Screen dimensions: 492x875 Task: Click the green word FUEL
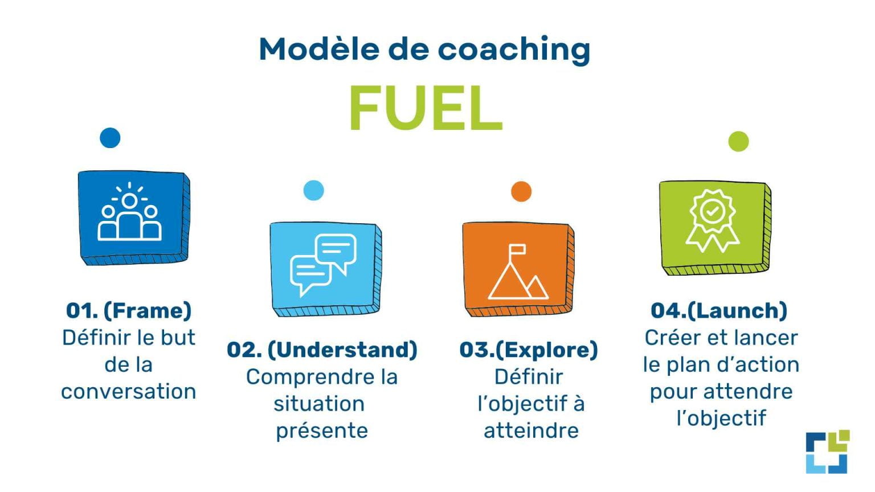tap(425, 108)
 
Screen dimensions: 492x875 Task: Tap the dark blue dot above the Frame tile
tap(110, 138)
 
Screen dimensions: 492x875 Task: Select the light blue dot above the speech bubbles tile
tap(314, 190)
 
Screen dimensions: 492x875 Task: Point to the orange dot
tap(521, 191)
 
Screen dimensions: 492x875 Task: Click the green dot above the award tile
tap(738, 141)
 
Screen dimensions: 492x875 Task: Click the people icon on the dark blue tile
tap(130, 214)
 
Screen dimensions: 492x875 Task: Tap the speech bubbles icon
tap(323, 264)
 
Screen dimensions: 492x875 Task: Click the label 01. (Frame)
tap(129, 311)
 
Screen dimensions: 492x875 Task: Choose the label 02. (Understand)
tap(322, 350)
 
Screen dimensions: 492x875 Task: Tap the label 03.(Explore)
tap(529, 350)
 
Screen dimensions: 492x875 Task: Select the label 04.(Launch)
tap(719, 311)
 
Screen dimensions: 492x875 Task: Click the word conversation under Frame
tap(129, 392)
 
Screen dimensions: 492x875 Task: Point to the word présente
tap(322, 430)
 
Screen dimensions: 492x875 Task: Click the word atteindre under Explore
tap(531, 430)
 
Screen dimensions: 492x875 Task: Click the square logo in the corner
tap(827, 452)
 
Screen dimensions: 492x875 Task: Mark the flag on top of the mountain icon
tap(518, 249)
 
